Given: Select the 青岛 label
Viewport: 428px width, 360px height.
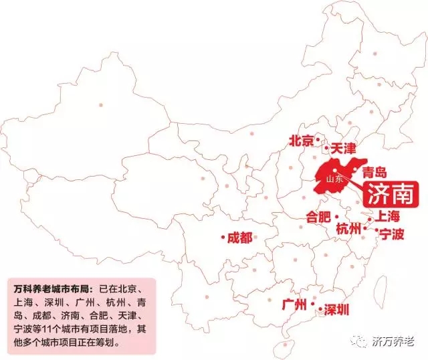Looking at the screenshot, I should [x=374, y=173].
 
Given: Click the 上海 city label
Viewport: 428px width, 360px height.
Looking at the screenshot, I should [x=387, y=216].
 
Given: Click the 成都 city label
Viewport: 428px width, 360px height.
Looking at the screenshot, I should [x=240, y=238].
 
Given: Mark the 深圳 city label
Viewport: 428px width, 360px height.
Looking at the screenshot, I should [x=336, y=310].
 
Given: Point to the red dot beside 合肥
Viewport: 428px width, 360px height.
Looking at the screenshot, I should [x=337, y=215].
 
